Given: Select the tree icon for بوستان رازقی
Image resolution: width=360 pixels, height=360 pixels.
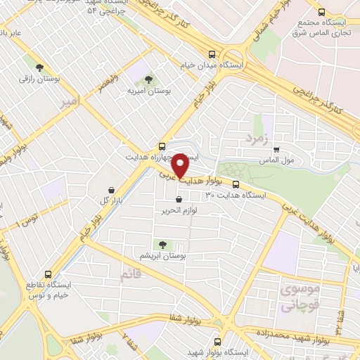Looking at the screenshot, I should pyautogui.click(x=49, y=68).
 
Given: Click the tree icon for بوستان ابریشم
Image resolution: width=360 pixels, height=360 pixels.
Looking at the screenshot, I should pyautogui.click(x=163, y=245).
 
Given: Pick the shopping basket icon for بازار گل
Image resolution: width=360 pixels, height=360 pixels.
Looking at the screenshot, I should pyautogui.click(x=112, y=190).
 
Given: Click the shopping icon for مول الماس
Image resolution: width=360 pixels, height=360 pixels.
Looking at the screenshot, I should pyautogui.click(x=276, y=149).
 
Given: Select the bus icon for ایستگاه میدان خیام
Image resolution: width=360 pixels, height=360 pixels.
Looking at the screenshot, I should pyautogui.click(x=212, y=54).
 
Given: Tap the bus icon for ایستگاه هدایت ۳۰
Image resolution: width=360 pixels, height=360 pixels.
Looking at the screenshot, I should pyautogui.click(x=236, y=185).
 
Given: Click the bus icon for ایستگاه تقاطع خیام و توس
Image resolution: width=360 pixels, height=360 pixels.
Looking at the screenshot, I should pyautogui.click(x=49, y=275).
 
